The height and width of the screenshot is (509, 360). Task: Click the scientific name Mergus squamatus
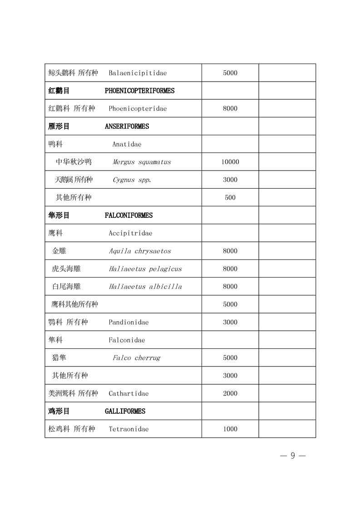[142, 162]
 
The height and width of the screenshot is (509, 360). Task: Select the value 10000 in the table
[230, 162]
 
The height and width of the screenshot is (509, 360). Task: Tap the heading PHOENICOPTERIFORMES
[139, 91]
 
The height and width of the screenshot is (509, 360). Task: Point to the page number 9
[293, 456]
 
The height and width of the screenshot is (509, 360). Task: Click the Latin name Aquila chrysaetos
[140, 251]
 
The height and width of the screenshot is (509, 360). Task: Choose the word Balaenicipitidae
[138, 73]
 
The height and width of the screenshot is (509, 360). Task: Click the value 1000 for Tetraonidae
[230, 429]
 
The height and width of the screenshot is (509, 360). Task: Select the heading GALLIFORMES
[125, 411]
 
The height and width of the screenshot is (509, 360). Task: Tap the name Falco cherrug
[136, 358]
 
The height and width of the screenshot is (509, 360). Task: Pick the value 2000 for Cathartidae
[230, 393]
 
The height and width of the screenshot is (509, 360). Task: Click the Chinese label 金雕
[59, 251]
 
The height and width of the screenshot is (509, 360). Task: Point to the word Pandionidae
[128, 323]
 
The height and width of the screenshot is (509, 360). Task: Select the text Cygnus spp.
[132, 180]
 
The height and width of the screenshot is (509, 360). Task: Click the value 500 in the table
[230, 198]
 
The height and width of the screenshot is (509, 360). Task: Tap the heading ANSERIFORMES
[127, 127]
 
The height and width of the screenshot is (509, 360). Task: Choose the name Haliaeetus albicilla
[145, 287]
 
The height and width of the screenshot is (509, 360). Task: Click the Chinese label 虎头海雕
[66, 269]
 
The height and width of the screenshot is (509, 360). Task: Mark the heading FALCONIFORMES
[128, 215]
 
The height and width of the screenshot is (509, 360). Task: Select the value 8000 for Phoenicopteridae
[230, 109]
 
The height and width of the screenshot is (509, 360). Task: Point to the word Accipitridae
[130, 233]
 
